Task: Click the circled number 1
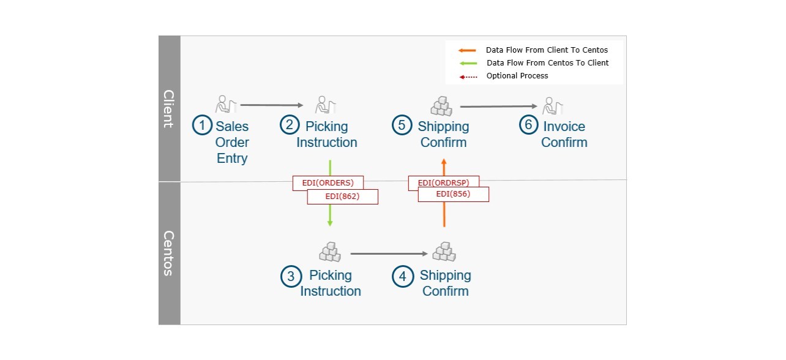[x=202, y=125]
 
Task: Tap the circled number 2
[x=290, y=124]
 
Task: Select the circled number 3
[x=291, y=276]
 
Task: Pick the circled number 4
[x=402, y=276]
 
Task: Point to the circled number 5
[x=402, y=124]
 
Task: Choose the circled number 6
[x=528, y=124]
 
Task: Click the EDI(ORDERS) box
[x=327, y=182]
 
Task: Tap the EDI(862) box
[x=342, y=197]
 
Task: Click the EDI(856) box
[x=454, y=194]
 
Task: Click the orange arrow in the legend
[x=467, y=51]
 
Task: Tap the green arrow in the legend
[x=468, y=64]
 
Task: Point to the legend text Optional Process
[x=517, y=76]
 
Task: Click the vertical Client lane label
[x=169, y=109]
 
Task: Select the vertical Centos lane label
[x=169, y=253]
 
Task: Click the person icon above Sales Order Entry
[x=226, y=104]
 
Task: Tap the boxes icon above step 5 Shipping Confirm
[x=441, y=106]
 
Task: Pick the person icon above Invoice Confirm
[x=552, y=106]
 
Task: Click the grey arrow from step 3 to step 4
[x=389, y=253]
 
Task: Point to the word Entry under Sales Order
[x=232, y=158]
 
